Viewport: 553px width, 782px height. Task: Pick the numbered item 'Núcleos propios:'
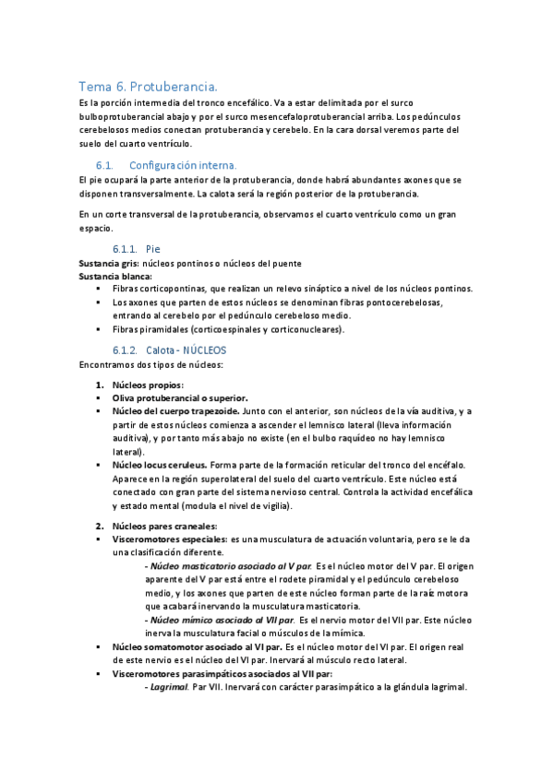pyautogui.click(x=148, y=385)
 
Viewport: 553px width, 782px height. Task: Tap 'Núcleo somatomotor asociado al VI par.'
pyautogui.click(x=198, y=647)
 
